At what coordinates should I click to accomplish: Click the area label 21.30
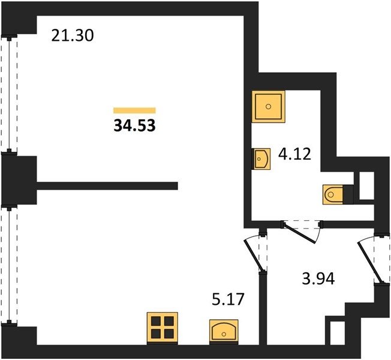[73, 35]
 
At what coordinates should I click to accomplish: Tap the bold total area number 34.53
[135, 125]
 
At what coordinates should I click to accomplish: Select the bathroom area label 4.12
[294, 154]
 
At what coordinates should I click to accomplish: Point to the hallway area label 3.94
[318, 278]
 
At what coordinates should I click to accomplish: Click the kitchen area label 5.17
[228, 299]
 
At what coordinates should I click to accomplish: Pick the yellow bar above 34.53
[134, 110]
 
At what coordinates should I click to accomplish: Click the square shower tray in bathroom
[268, 107]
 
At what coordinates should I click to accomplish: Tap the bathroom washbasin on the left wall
[261, 159]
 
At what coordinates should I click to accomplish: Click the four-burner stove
[163, 328]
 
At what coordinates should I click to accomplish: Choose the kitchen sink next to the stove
[224, 332]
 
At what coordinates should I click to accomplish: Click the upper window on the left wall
[10, 94]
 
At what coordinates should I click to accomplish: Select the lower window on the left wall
[10, 266]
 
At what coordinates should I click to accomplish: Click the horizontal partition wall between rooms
[107, 186]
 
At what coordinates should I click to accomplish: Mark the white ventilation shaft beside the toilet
[366, 185]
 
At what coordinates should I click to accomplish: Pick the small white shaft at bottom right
[337, 333]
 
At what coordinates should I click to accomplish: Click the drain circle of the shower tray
[268, 107]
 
